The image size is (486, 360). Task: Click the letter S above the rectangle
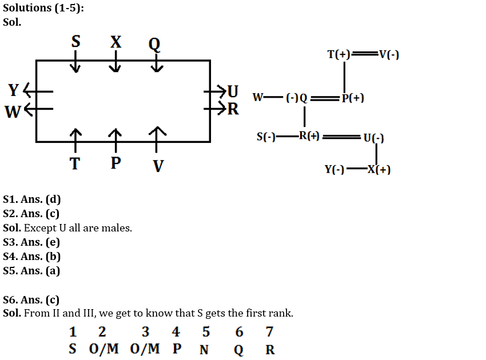(75, 42)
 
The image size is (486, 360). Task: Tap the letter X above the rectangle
(115, 42)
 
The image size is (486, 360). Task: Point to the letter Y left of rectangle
(15, 90)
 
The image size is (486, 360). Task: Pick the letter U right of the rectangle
(233, 90)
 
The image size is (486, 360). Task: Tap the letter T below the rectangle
(75, 164)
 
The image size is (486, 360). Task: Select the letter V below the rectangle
(158, 166)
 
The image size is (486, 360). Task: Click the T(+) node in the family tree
(338, 55)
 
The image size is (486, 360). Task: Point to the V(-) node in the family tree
(389, 55)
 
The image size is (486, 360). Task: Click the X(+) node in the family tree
(379, 170)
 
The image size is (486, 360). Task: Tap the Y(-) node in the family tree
(334, 170)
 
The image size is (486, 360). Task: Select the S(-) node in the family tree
(266, 137)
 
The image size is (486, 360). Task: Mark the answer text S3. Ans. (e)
(31, 242)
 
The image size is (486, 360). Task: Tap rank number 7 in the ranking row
(269, 332)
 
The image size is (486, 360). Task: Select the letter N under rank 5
(204, 350)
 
